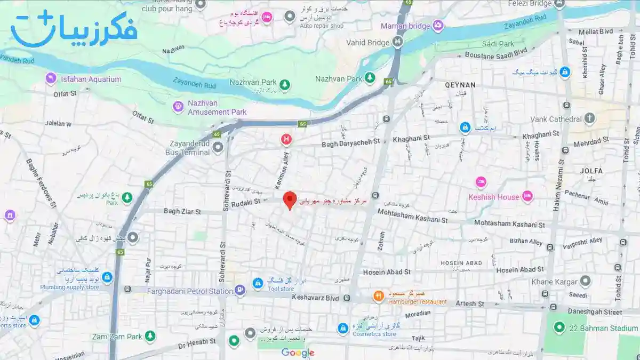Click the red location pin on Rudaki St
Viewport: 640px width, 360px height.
[290, 200]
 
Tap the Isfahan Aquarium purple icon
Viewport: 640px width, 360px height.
[51, 79]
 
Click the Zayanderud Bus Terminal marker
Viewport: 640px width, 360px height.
[218, 147]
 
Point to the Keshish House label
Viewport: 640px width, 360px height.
[493, 197]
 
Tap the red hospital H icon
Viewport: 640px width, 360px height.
[286, 140]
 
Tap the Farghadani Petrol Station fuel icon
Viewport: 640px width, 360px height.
[240, 291]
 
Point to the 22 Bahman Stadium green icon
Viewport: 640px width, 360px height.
[559, 327]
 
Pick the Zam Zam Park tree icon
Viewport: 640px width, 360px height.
[151, 336]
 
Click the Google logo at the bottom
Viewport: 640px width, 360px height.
[298, 353]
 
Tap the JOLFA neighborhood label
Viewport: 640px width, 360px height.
[591, 171]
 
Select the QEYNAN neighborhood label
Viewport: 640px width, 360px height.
[460, 85]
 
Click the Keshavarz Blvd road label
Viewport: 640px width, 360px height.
[316, 298]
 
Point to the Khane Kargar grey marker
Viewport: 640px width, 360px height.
[586, 281]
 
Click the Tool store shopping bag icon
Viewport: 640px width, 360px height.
[258, 282]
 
